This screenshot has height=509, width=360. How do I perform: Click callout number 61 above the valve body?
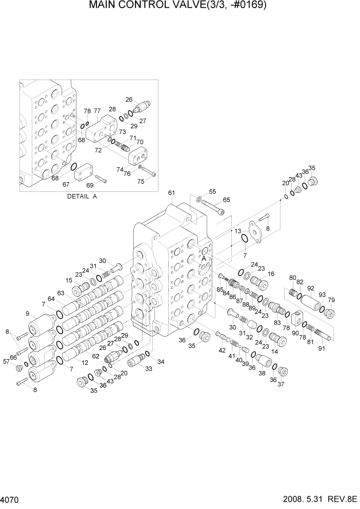[x=171, y=193]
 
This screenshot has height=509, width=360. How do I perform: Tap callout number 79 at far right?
[x=331, y=300]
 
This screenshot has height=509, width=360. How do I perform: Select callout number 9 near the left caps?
[x=28, y=314]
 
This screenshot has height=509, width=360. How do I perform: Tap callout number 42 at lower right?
[x=222, y=350]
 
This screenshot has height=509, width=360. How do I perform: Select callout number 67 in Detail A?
[x=66, y=185]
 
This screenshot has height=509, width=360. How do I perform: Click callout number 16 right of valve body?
[x=271, y=274]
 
